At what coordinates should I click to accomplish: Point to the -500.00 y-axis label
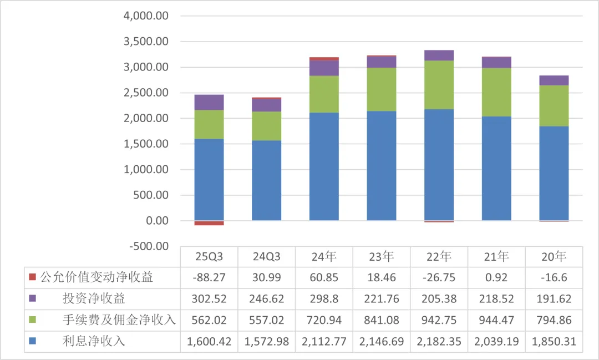[x=148, y=246]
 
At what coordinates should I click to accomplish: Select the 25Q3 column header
[x=209, y=257]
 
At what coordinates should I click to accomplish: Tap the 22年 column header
[x=439, y=257]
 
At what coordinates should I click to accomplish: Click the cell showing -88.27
[x=209, y=277]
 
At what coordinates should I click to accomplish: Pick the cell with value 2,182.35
[x=439, y=341]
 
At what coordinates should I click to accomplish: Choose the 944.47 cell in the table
[x=496, y=320]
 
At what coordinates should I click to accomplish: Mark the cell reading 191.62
[x=554, y=298]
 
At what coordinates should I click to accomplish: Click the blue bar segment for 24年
[x=324, y=166]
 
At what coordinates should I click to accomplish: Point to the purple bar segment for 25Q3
[x=209, y=102]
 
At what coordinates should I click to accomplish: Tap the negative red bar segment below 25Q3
[x=209, y=223]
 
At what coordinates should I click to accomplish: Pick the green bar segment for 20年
[x=554, y=105]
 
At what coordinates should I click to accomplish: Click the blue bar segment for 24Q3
[x=266, y=180]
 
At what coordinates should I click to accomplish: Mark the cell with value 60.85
[x=324, y=277]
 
